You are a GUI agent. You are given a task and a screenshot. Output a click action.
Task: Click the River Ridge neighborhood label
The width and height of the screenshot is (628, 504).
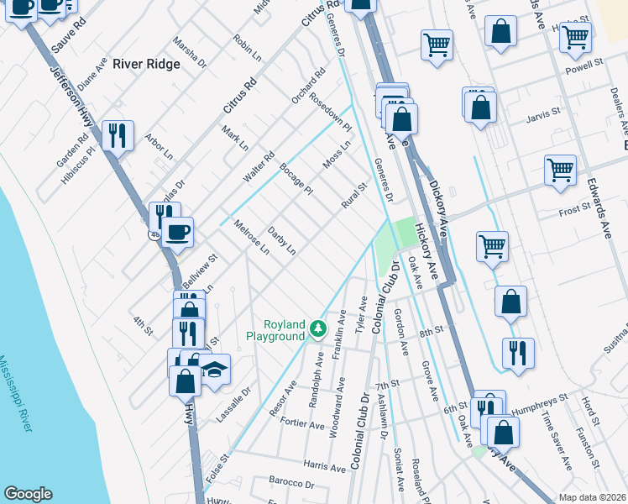coord(146,63)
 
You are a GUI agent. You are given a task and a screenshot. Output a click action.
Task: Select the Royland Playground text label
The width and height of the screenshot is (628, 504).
coord(275,330)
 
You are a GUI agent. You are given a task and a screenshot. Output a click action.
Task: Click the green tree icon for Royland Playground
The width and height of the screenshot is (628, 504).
coord(317,328)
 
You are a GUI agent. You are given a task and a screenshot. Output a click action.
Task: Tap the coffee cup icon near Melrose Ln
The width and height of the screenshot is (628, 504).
coord(177,231)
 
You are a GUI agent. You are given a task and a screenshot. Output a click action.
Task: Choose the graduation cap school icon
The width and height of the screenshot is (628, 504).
coord(214,370)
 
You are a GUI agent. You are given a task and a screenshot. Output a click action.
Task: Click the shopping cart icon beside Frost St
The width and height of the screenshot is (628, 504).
coord(560,170)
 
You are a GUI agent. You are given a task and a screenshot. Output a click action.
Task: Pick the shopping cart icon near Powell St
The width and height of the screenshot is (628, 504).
coord(576,37)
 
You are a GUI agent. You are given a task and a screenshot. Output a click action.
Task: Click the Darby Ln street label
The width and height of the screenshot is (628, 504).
coord(282,239)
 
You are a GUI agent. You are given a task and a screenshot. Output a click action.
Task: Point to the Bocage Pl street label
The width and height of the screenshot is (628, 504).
coord(296,178)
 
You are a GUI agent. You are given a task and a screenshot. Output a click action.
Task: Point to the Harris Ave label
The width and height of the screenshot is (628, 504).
coord(326,465)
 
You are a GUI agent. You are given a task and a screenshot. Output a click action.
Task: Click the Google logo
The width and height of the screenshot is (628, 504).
coord(28,494)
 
